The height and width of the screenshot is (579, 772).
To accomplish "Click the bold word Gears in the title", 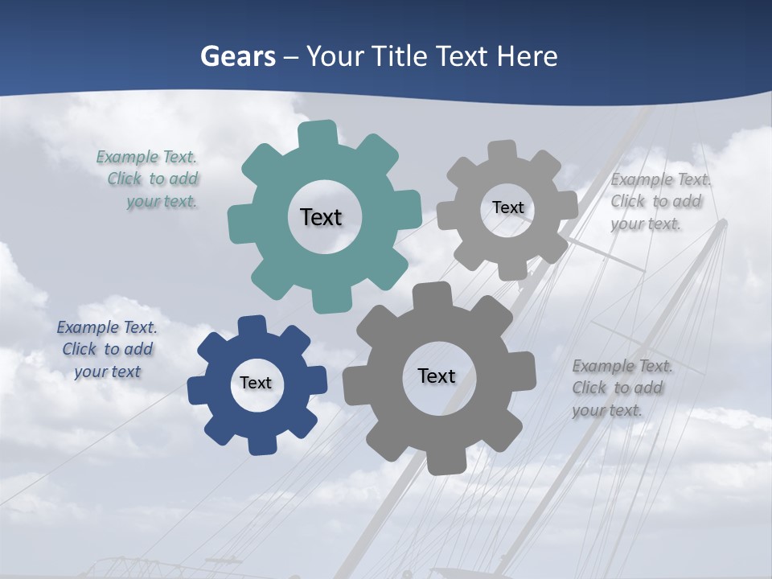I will (x=237, y=56).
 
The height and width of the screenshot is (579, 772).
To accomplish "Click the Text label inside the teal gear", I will (x=321, y=217).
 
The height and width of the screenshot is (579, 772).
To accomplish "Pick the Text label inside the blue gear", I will (x=256, y=383).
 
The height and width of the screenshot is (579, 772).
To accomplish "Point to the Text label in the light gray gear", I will (x=507, y=207).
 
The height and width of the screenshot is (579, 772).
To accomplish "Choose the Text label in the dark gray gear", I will (x=437, y=376).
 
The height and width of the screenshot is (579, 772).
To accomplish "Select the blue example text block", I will (x=107, y=349).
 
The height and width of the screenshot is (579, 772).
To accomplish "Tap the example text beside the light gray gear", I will (x=657, y=201).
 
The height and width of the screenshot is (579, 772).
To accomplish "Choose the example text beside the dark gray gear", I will (x=621, y=388).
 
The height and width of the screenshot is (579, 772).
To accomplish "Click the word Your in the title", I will (x=328, y=56).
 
